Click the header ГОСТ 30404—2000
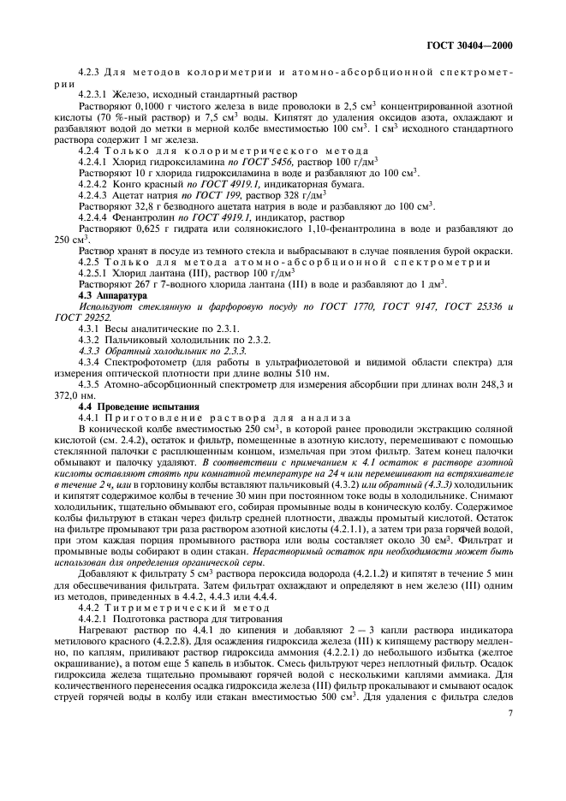481,47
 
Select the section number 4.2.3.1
95,95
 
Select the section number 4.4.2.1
95,641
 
